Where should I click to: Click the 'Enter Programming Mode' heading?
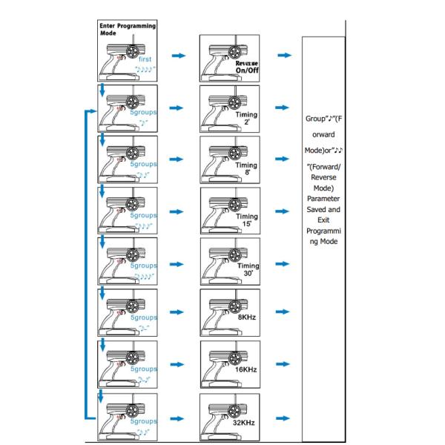pyautogui.click(x=127, y=29)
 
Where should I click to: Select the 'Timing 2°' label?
pyautogui.click(x=247, y=119)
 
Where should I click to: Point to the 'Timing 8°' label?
pyautogui.click(x=247, y=170)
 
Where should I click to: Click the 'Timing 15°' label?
pyautogui.click(x=247, y=221)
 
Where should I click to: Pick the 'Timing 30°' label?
pyautogui.click(x=248, y=271)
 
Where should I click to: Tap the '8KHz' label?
pyautogui.click(x=246, y=317)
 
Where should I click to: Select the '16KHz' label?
pyautogui.click(x=246, y=369)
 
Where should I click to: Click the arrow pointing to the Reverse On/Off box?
pyautogui.click(x=178, y=56)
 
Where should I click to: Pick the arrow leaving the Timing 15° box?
pyautogui.click(x=284, y=211)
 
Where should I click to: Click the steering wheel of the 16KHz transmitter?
pyautogui.click(x=237, y=357)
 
